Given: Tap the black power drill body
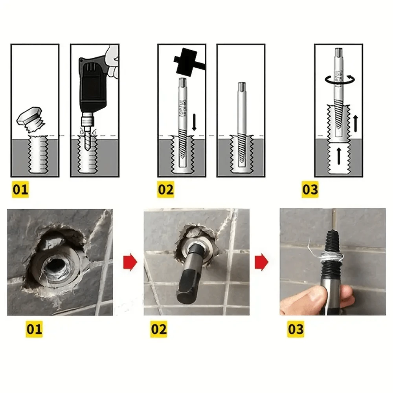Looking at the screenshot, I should coord(93,84).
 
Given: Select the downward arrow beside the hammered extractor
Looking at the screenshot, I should coord(194,123).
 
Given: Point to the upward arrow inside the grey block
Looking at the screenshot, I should coord(338,156).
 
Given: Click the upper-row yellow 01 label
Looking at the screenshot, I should coord(20,190).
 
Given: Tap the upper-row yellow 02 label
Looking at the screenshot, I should coord(165,190).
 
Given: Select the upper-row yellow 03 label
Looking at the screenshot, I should coord(310,190).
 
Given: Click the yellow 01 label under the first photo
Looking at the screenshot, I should coord(34,329).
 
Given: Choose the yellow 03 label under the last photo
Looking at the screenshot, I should coord(296,329).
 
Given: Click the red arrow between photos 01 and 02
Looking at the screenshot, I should coord(130,263).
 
